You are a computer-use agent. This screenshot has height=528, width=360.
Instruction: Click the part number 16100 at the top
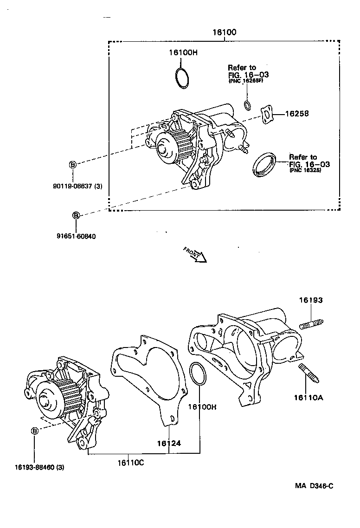pyautogui.click(x=225, y=32)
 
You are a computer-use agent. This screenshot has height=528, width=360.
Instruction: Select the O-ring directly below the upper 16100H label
pyautogui.click(x=182, y=77)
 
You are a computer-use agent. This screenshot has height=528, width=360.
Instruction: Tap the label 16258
pyautogui.click(x=296, y=113)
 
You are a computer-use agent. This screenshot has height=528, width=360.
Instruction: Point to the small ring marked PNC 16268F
pyautogui.click(x=248, y=105)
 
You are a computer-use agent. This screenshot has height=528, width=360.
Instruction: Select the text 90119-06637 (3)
pyautogui.click(x=77, y=187)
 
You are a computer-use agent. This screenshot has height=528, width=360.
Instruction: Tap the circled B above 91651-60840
pyautogui.click(x=76, y=215)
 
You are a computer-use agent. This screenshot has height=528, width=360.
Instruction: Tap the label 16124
pyautogui.click(x=168, y=443)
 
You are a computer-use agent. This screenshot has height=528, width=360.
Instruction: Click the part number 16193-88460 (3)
pyautogui.click(x=39, y=467)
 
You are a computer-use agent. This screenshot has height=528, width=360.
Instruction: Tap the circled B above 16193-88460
pyautogui.click(x=34, y=431)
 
